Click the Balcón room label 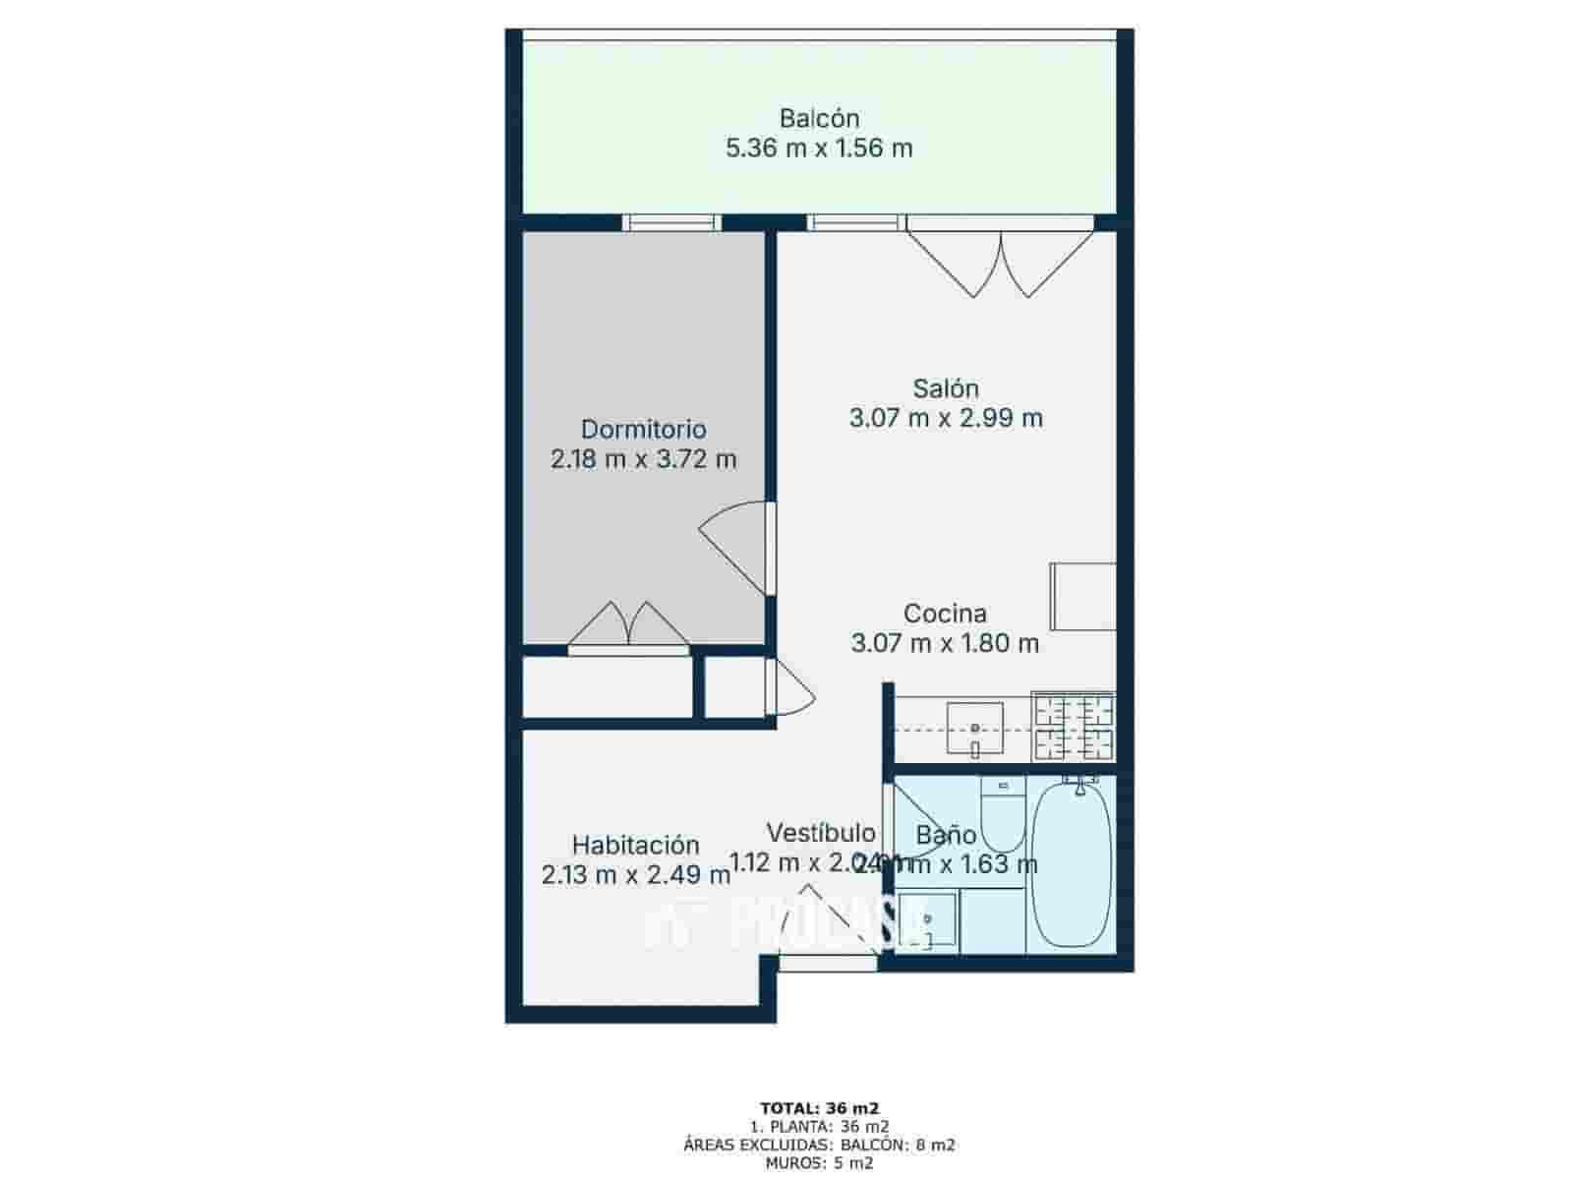tap(819, 119)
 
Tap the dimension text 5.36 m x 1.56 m tap(819, 149)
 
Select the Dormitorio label tap(643, 430)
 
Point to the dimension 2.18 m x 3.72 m tap(643, 459)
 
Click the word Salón tap(945, 388)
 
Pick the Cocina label tap(944, 614)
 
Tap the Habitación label tap(635, 845)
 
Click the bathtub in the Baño tap(1072, 863)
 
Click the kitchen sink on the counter tap(974, 728)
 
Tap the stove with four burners tap(1073, 728)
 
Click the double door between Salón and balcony tap(1000, 261)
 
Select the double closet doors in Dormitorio tap(628, 626)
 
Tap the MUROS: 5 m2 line tap(819, 1163)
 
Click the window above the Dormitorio tap(673, 223)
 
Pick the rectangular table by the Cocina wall tap(1082, 596)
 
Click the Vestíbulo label tap(820, 834)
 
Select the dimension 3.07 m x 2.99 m tap(945, 418)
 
